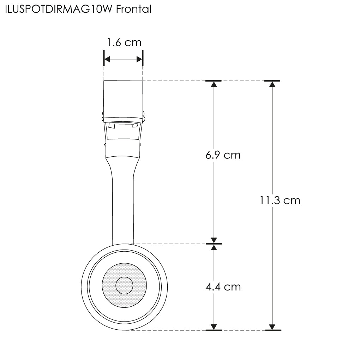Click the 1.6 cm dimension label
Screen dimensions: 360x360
pyautogui.click(x=124, y=42)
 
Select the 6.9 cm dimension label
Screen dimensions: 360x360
pyautogui.click(x=223, y=155)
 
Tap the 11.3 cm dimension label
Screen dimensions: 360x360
pyautogui.click(x=280, y=200)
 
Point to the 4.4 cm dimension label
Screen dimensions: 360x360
pyautogui.click(x=223, y=287)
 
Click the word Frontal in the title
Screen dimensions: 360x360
pyautogui.click(x=134, y=9)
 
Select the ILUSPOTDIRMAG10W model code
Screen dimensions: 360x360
pyautogui.click(x=59, y=9)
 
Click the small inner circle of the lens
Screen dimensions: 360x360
pyautogui.click(x=124, y=286)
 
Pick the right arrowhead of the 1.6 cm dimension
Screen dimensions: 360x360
pyautogui.click(x=139, y=59)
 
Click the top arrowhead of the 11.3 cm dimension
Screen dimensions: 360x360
pyautogui.click(x=272, y=84)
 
